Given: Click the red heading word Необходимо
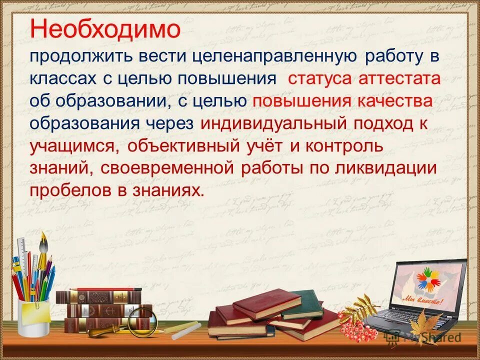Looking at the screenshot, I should point(105,29).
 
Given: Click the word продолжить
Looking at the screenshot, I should point(73,56).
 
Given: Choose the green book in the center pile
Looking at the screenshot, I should point(305,302).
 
